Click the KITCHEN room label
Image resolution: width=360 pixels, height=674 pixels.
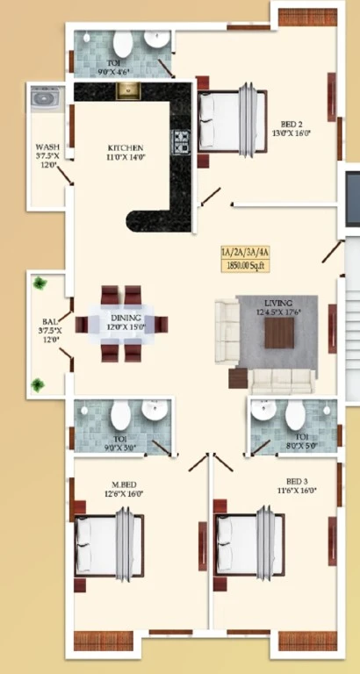coord(126,147)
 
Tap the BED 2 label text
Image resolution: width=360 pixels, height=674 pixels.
coord(292,124)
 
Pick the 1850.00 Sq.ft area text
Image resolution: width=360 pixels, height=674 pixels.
coord(247,264)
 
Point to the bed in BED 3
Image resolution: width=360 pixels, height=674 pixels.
coord(248,542)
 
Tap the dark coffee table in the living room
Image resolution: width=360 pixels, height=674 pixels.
coord(280,333)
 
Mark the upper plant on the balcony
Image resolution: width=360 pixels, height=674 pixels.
coord(40,283)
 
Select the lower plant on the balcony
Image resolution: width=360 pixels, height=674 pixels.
coord(38,384)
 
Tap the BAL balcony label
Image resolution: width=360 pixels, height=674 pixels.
coord(46,322)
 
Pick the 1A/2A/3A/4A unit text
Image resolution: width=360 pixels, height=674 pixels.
coord(247,252)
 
